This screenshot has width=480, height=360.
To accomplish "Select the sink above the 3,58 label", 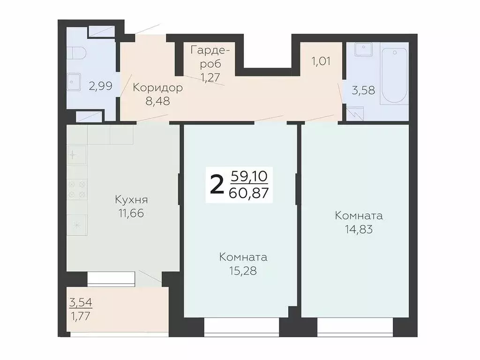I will [363, 49].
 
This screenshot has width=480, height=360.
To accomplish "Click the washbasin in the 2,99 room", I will [73, 82].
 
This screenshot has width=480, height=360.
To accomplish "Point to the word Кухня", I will [132, 200].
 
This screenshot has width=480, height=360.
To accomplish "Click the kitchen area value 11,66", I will [132, 214].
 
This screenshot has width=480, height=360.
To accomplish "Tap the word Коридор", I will [157, 87].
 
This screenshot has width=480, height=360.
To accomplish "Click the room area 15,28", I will [243, 271].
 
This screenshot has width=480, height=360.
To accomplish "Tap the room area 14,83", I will [359, 230].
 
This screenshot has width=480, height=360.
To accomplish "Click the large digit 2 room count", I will [217, 185].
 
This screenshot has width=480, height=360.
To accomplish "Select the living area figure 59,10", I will [249, 176].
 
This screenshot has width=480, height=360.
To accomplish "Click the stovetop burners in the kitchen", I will [77, 188].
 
